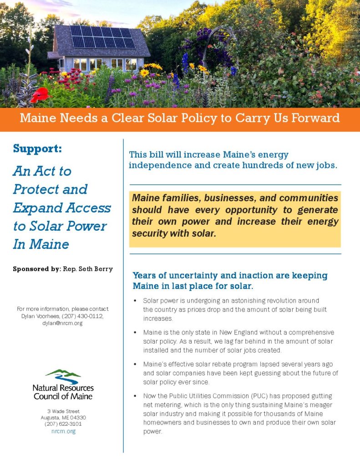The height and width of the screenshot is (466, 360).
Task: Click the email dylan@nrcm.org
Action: tap(62, 324)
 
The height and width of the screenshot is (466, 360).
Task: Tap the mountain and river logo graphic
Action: tap(63, 376)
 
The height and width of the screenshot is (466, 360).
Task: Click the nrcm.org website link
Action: tap(63, 431)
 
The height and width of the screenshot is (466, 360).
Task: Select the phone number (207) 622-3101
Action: tap(63, 424)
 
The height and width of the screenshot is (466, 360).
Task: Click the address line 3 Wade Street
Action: tap(63, 411)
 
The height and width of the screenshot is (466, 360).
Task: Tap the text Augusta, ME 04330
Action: tap(63, 418)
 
